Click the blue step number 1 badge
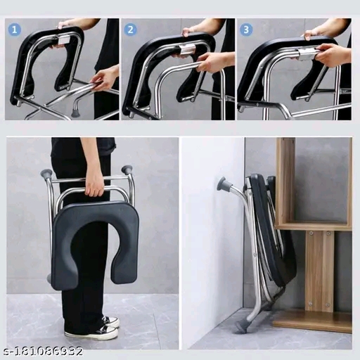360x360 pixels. tap(15, 30)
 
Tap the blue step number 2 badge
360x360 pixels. tap(130, 30)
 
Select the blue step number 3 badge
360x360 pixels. tap(246, 30)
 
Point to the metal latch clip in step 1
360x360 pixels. tap(63, 40)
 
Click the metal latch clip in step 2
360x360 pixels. tap(187, 49)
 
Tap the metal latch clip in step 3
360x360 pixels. tap(307, 53)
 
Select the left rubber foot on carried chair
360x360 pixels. tap(46, 173)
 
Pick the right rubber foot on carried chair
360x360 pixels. tap(127, 169)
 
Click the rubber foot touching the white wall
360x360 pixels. tap(224, 184)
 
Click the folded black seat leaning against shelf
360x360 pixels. tap(272, 230)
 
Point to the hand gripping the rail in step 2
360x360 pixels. tap(214, 62)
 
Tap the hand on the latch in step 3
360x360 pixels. tap(333, 55)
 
